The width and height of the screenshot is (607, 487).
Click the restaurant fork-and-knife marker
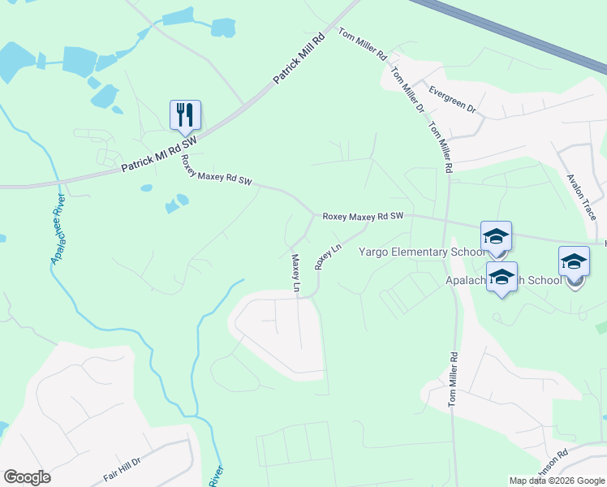click(185, 115)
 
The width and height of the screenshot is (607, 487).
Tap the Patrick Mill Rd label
click(298, 58)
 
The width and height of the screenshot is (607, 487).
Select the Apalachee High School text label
click(503, 281)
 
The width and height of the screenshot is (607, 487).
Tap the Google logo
click(27, 477)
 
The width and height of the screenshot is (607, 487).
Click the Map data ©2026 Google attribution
click(557, 481)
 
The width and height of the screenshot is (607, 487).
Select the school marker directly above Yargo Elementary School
click(496, 237)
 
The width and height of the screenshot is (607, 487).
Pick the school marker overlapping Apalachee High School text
click(502, 278)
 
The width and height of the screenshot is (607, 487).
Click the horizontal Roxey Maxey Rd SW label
click(363, 217)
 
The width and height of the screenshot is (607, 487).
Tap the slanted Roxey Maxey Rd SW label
click(216, 170)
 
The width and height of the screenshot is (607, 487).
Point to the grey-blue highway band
click(519, 37)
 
